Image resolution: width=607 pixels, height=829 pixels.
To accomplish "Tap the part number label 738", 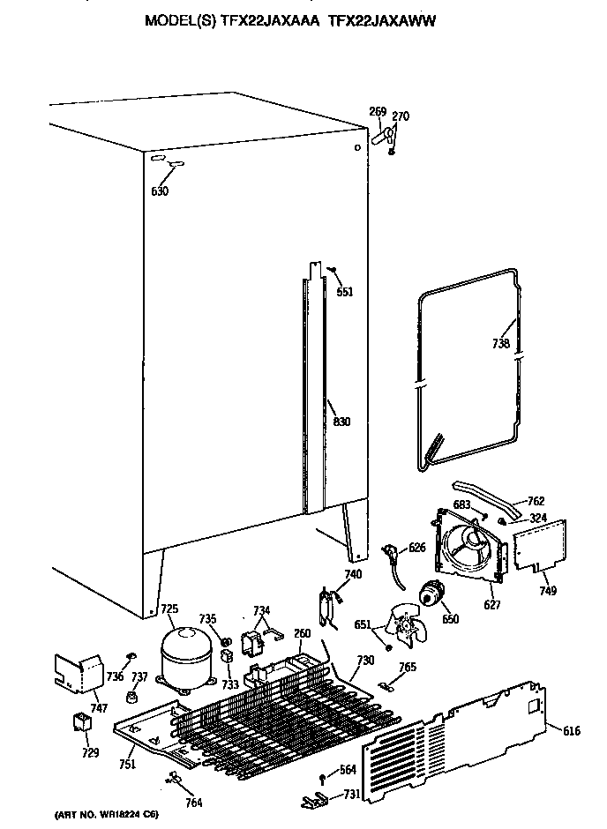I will click(501, 343).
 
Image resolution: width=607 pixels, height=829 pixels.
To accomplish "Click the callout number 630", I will click(159, 190).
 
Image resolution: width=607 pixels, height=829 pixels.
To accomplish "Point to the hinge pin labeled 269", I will click(381, 137).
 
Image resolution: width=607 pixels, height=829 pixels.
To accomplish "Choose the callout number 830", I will click(341, 422).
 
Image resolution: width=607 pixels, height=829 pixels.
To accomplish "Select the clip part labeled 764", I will click(173, 778).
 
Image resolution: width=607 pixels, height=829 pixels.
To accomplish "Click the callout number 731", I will click(351, 795).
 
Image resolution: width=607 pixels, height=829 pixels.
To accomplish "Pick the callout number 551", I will click(345, 292).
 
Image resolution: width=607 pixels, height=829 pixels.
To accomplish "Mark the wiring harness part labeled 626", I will click(390, 556).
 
